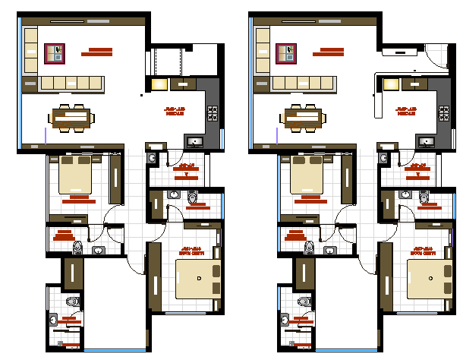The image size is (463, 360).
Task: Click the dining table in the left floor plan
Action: tap(71, 117)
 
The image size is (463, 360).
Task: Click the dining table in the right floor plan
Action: tap(303, 117)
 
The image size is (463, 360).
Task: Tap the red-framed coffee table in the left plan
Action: tap(55, 53)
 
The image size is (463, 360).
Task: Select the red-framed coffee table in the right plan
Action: tap(287, 53)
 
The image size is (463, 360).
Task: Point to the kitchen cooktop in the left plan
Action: tap(213, 114)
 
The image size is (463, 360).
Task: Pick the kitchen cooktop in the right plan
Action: tap(445, 114)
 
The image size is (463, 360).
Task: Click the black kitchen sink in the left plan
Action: tap(194, 141)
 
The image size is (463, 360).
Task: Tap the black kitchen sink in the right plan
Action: tap(426, 141)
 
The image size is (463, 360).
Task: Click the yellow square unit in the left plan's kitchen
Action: tap(159, 85)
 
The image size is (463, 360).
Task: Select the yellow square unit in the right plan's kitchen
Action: tap(392, 85)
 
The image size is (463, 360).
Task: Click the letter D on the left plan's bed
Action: tap(199, 279)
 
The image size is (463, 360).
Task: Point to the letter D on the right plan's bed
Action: tap(431, 279)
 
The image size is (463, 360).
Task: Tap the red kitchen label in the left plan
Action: tap(175, 112)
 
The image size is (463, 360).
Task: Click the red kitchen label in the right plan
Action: tap(407, 112)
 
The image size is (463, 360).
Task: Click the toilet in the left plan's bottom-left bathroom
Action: tap(72, 302)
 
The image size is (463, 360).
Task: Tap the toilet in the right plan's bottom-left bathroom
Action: tap(304, 302)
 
